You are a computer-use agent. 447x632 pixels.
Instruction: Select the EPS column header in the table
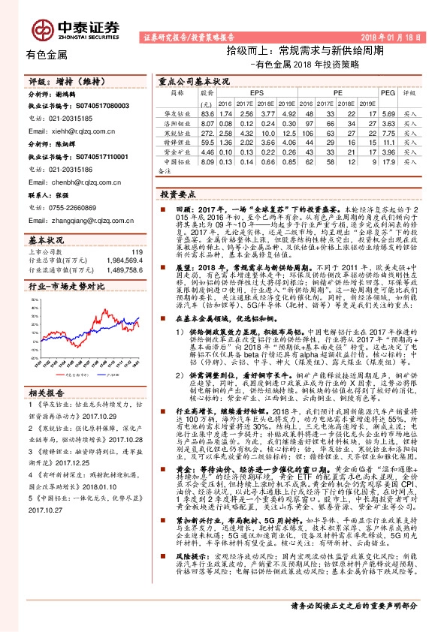point(246,92)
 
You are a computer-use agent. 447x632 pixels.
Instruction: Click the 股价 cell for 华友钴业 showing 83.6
point(207,113)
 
